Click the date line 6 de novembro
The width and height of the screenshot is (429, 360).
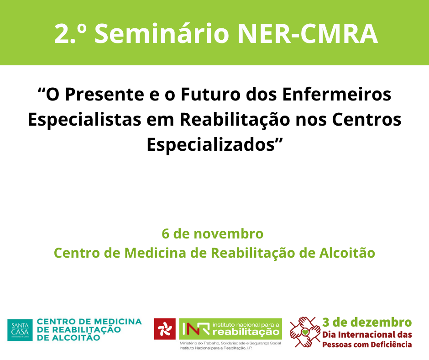(x=213, y=234)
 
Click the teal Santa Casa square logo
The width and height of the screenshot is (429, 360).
(x=20, y=330)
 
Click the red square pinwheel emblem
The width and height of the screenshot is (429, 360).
(x=165, y=329)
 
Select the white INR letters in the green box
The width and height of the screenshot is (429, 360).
(x=196, y=328)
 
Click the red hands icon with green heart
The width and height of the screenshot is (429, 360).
(x=305, y=332)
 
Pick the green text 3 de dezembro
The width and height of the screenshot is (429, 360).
(x=367, y=322)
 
